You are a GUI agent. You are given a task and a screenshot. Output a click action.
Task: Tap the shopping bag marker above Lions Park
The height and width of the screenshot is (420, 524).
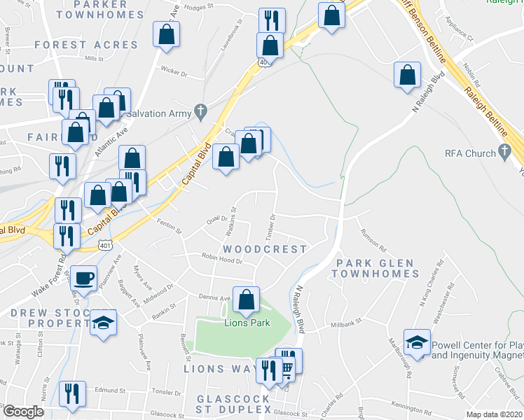pyautogui.click(x=246, y=300)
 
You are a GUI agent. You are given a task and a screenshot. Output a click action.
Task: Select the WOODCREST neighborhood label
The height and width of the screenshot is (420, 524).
pyautogui.click(x=265, y=249)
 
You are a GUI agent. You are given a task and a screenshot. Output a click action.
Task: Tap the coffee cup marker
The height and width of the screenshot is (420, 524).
pyautogui.click(x=84, y=278)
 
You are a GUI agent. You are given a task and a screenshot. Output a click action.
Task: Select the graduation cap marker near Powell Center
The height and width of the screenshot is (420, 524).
pyautogui.click(x=417, y=342)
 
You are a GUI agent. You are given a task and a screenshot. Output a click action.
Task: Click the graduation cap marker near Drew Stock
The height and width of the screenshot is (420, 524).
pyautogui.click(x=104, y=323)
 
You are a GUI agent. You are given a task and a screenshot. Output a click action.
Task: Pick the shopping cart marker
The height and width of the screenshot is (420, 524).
pyautogui.click(x=287, y=369)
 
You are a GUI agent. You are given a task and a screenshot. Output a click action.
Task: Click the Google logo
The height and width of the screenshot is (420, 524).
pyautogui.click(x=23, y=412)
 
